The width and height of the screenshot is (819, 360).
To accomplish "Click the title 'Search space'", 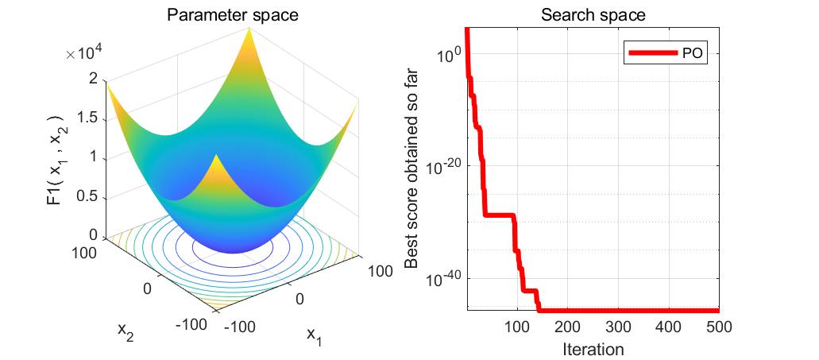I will click(x=593, y=14).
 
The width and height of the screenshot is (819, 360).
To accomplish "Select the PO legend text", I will click(x=692, y=53).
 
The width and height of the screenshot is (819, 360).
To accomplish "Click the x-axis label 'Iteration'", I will click(x=593, y=348).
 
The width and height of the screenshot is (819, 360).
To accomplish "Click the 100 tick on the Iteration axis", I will click(x=517, y=327).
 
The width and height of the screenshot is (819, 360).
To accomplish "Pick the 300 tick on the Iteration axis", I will click(x=618, y=327).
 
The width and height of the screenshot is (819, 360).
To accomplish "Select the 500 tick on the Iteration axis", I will click(x=718, y=327).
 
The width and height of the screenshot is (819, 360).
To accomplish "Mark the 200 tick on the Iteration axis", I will click(x=567, y=327).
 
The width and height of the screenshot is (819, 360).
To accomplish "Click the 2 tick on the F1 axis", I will click(x=93, y=78).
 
